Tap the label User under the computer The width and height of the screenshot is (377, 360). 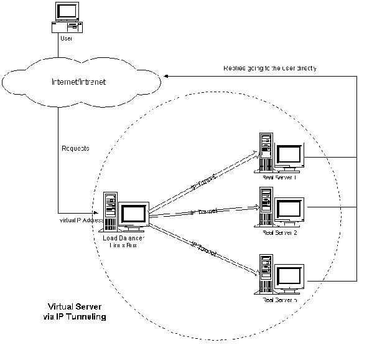coord(66,39)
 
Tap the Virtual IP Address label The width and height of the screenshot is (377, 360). coord(77,220)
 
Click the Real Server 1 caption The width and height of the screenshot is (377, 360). coord(280,178)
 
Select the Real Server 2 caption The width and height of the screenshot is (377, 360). coord(280,232)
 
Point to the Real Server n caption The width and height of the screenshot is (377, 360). coord(280,300)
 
